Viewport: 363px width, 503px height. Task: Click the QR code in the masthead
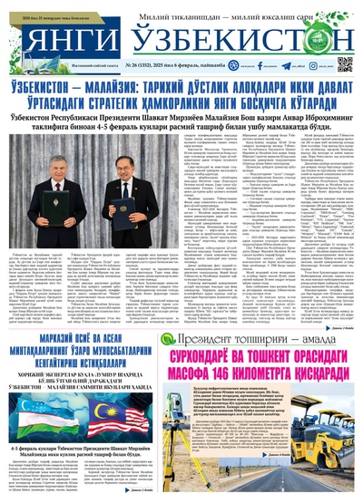345,64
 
